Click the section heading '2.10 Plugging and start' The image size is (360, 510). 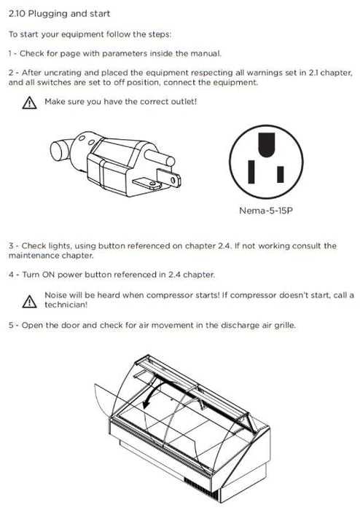59,14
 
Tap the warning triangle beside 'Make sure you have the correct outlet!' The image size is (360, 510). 30,103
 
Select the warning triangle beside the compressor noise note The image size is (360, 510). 30,302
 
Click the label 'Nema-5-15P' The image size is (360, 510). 266,211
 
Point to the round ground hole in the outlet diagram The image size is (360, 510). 266,144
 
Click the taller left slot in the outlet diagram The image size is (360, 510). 251,171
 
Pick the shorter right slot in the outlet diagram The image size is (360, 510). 281,174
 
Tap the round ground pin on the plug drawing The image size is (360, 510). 160,157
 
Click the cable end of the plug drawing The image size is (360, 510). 60,150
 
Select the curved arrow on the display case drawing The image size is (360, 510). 154,391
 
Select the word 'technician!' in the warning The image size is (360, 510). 66,305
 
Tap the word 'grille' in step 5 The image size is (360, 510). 285,325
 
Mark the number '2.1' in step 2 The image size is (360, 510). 313,73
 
